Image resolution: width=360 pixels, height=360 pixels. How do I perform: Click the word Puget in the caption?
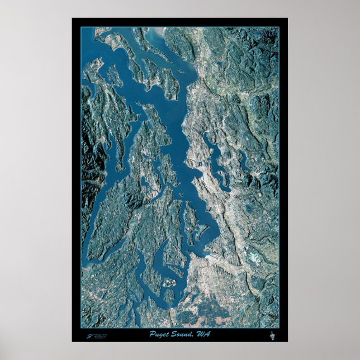click(160, 334)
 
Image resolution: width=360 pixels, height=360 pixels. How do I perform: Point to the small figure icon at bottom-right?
click(273, 336)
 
